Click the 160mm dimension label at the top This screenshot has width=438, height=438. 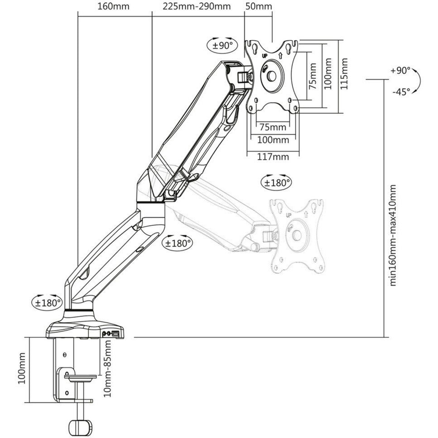[114, 6]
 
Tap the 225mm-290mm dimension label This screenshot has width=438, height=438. [197, 6]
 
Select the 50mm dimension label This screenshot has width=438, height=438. [259, 6]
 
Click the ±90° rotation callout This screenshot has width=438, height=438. [223, 45]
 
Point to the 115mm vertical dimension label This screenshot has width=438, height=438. [344, 74]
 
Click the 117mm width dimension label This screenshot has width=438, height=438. [273, 157]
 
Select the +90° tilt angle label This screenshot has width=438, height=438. [400, 71]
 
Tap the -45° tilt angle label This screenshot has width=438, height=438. [401, 91]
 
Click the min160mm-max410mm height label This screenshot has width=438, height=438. [392, 235]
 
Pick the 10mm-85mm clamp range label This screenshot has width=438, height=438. [107, 368]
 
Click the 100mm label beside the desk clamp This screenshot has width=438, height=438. [22, 368]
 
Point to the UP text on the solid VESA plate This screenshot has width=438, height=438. [265, 56]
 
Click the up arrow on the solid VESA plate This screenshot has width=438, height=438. [281, 55]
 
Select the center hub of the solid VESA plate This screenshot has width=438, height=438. [272, 76]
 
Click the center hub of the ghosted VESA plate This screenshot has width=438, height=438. [297, 235]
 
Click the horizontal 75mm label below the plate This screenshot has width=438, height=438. [273, 127]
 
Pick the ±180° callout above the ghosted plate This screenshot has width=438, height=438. [276, 183]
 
